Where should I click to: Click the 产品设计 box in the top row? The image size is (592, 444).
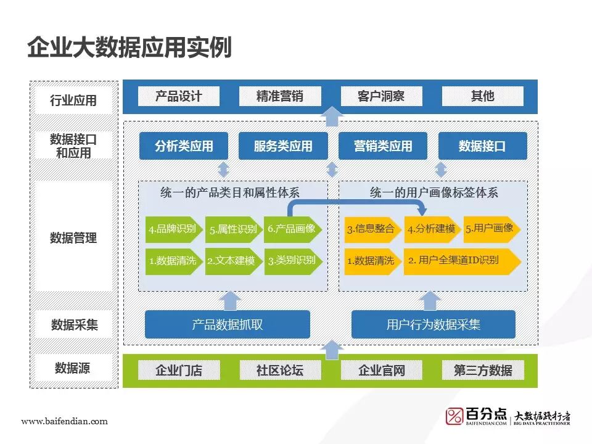tap(179, 96)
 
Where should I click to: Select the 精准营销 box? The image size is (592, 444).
tap(280, 96)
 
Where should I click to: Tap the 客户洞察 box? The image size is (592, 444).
tap(381, 96)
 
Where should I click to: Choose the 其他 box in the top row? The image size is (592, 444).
tap(482, 96)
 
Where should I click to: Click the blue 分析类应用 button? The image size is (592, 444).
tap(184, 146)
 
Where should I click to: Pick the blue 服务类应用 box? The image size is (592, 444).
tap(283, 146)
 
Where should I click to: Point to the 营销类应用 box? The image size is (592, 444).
tap(383, 146)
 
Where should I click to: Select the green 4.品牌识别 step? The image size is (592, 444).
tap(173, 229)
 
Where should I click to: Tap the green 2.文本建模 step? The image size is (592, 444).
tap(231, 261)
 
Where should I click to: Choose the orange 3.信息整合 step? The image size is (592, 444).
tap(371, 229)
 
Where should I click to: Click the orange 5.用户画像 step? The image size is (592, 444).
tap(490, 228)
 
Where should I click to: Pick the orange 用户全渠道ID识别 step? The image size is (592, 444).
tap(459, 261)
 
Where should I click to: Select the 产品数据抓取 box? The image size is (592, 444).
tap(227, 324)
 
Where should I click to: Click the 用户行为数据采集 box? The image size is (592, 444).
tap(433, 324)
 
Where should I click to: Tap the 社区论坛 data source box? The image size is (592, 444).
tap(280, 370)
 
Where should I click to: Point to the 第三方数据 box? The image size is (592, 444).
tap(482, 370)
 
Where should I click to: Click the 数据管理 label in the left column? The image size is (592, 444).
tap(73, 237)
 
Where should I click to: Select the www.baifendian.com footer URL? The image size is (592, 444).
tap(64, 421)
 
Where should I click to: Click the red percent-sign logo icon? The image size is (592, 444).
tap(454, 416)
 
